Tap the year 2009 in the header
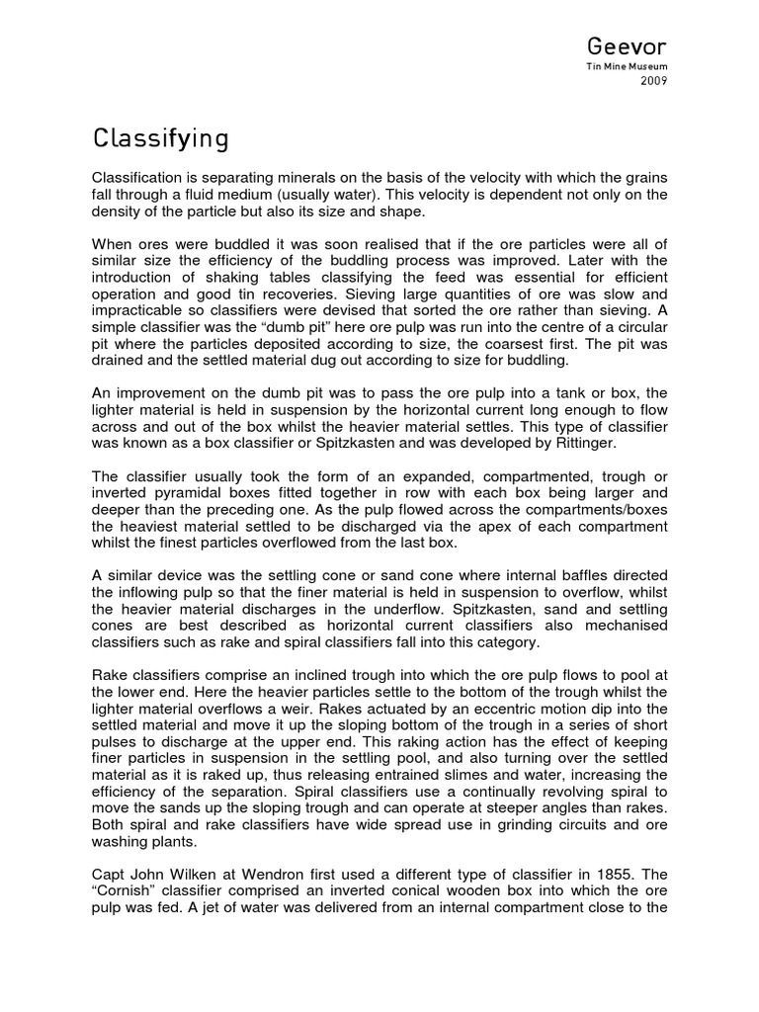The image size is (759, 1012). click(x=655, y=82)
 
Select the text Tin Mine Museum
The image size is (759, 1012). click(x=635, y=68)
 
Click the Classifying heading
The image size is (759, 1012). click(x=161, y=138)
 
